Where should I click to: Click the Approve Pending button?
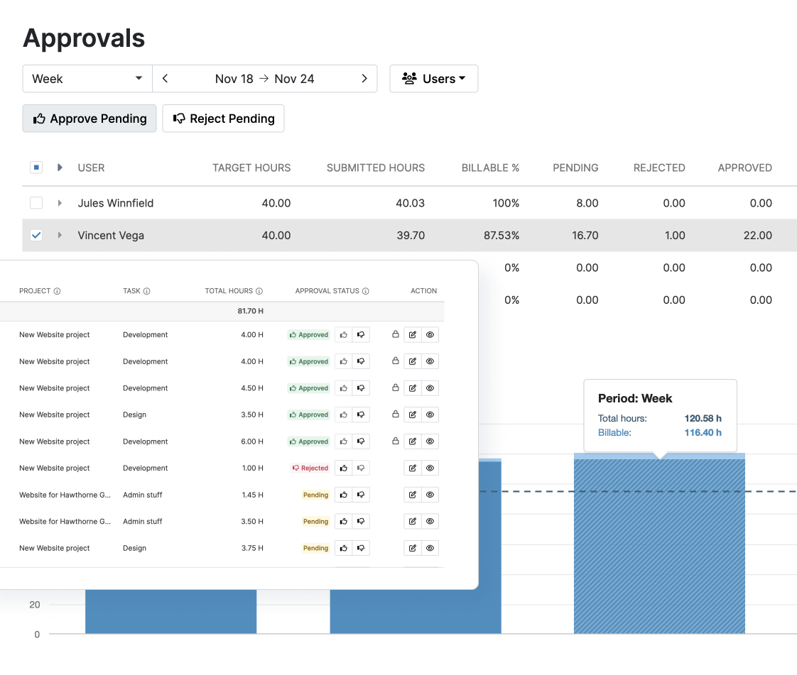(90, 119)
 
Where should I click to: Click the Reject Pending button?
(223, 119)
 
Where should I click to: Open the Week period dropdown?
(87, 79)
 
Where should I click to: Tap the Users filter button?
(433, 79)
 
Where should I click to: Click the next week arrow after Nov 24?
(364, 79)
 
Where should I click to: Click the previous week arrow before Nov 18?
(165, 79)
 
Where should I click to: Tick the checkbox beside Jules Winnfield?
(36, 203)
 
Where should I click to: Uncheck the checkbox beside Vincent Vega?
(36, 235)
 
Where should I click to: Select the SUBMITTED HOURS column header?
(375, 168)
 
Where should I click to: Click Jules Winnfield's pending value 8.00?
(587, 203)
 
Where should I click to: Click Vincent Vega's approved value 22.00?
(757, 236)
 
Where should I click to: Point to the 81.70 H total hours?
(250, 311)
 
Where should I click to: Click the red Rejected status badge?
(310, 468)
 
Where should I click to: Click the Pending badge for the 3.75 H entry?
(315, 549)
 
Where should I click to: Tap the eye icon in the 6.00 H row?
(430, 441)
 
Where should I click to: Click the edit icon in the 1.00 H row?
(413, 468)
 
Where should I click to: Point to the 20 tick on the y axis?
(35, 605)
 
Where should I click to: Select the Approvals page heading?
(84, 38)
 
